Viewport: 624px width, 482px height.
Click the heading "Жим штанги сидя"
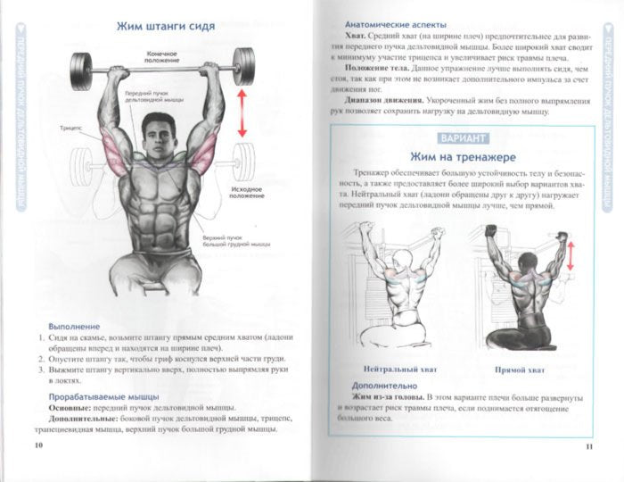[166, 26]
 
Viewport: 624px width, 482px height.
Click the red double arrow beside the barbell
[240, 112]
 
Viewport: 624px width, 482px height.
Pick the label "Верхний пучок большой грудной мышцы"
[235, 240]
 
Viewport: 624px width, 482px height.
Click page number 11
[589, 445]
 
